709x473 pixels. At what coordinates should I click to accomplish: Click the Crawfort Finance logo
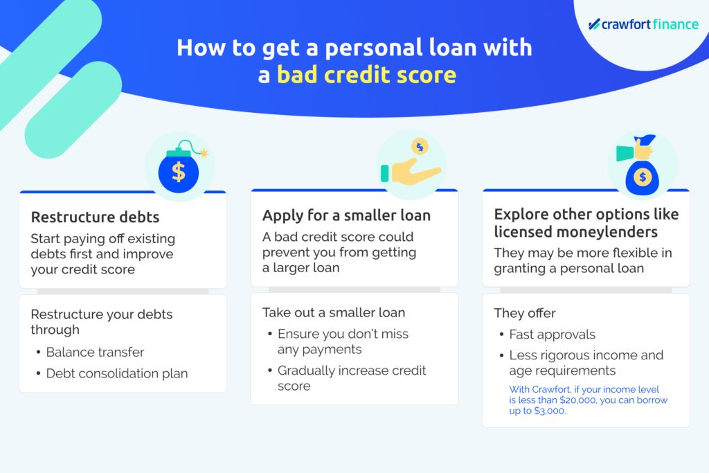(x=643, y=24)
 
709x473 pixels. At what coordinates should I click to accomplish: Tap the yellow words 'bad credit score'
(x=367, y=75)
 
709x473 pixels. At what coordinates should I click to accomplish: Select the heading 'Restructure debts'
(x=95, y=217)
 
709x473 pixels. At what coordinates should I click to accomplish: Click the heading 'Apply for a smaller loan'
(x=346, y=215)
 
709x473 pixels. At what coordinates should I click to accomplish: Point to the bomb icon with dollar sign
(x=180, y=167)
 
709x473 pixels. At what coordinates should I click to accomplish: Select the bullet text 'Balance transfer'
(x=95, y=352)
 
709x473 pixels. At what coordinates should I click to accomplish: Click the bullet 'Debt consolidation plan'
(x=116, y=373)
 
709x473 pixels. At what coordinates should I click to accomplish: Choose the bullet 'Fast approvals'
(x=552, y=334)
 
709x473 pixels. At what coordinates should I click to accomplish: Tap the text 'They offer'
(x=525, y=313)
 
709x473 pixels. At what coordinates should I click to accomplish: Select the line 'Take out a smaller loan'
(x=334, y=312)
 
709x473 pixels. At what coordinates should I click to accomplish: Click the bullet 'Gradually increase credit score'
(x=352, y=378)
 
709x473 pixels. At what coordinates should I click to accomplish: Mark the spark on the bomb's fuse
(x=204, y=153)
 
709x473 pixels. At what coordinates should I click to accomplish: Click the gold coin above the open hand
(x=420, y=147)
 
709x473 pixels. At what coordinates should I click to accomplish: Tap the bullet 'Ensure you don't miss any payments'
(x=343, y=341)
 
